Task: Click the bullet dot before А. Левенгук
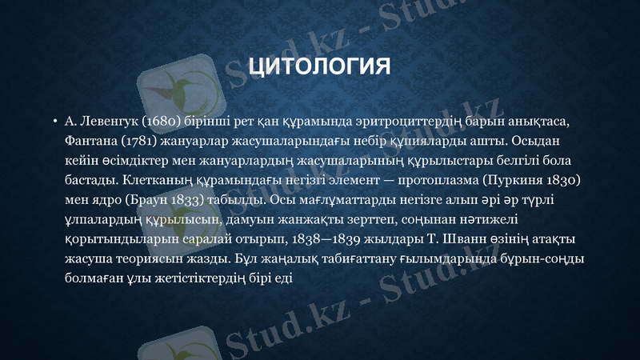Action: tap(54, 122)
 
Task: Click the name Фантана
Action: tap(90, 142)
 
